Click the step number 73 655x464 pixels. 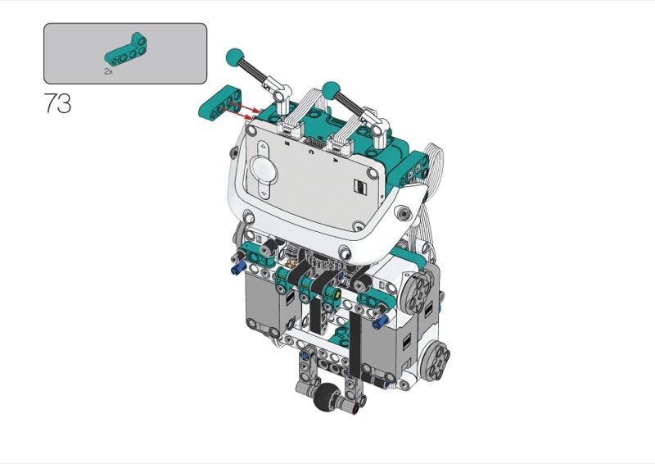[57, 103]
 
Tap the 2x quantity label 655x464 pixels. [108, 71]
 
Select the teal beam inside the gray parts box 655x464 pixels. [126, 49]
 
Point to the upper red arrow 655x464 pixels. [243, 107]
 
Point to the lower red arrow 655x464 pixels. [237, 113]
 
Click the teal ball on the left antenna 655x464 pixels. [235, 57]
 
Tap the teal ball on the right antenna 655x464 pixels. [331, 89]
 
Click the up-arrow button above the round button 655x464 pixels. [263, 147]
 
